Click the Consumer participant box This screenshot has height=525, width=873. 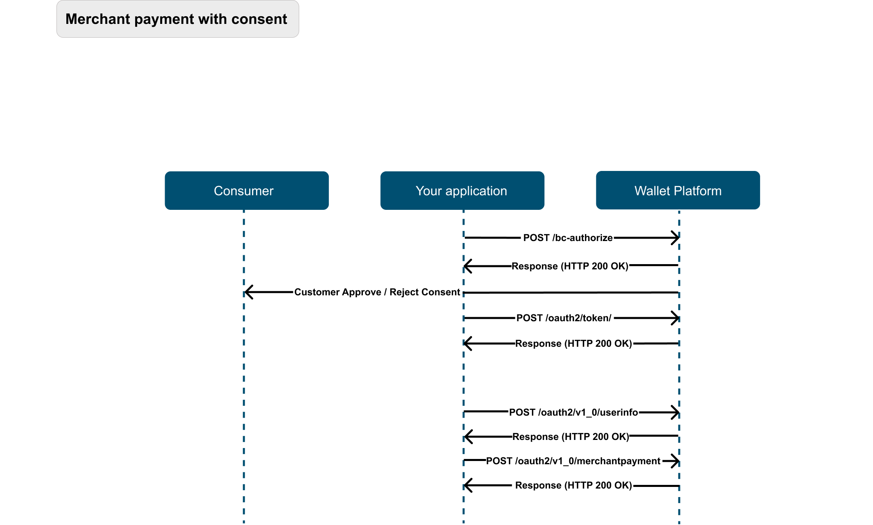[x=247, y=190]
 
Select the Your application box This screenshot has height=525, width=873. [x=462, y=190]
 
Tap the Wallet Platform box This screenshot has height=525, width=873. [x=678, y=190]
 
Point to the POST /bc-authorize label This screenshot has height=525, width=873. [x=568, y=238]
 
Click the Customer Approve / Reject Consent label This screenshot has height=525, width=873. [x=377, y=292]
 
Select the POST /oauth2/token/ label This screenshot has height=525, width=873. [x=564, y=318]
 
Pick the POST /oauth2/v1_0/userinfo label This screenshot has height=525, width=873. [x=573, y=412]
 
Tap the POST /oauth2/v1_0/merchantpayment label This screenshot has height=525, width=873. [x=573, y=461]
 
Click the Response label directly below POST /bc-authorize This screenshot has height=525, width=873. [x=570, y=266]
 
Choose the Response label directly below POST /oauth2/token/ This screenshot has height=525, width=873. [x=574, y=344]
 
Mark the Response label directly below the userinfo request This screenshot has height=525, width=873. [x=571, y=437]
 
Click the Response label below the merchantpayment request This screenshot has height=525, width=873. [x=574, y=485]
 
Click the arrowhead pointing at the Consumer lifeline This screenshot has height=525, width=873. [x=248, y=292]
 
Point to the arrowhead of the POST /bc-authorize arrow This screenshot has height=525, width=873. [x=675, y=238]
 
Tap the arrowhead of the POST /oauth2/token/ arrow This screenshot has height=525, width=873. [x=675, y=318]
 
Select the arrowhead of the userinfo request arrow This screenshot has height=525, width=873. [x=675, y=412]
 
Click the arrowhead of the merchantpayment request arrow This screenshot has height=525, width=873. [x=675, y=461]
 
